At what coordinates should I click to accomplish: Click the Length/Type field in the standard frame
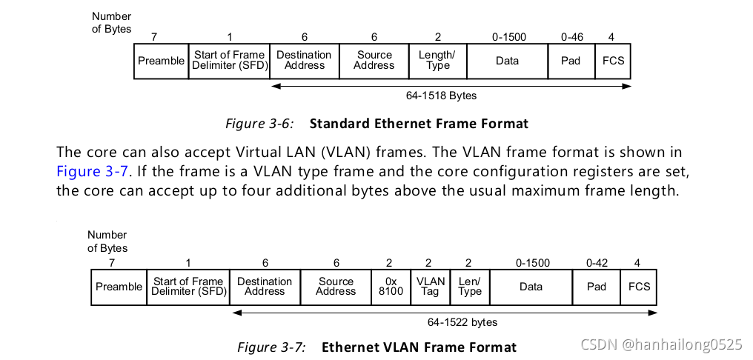pos(437,61)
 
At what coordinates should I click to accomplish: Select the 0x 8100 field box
pos(391,287)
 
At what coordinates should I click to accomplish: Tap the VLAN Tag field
pos(431,287)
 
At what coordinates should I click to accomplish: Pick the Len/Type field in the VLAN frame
pos(470,287)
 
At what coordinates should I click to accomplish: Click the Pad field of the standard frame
pos(571,61)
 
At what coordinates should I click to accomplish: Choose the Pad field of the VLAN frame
pos(597,287)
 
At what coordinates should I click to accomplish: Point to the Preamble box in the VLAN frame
pos(119,287)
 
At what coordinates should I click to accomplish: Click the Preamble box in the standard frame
pos(161,61)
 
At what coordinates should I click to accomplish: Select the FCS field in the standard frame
pos(614,61)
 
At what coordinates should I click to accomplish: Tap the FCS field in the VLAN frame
pos(640,287)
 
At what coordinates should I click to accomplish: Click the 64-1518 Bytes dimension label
pos(442,96)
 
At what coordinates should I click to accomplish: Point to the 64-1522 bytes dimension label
pos(462,322)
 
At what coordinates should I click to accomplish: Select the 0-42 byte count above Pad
pos(597,263)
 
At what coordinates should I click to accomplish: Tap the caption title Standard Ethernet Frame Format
pos(419,124)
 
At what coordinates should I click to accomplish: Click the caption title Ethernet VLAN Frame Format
pos(419,347)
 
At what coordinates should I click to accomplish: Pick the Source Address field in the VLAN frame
pos(336,287)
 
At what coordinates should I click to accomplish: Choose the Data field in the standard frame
pos(507,61)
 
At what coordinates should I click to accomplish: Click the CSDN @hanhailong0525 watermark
pos(661,344)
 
